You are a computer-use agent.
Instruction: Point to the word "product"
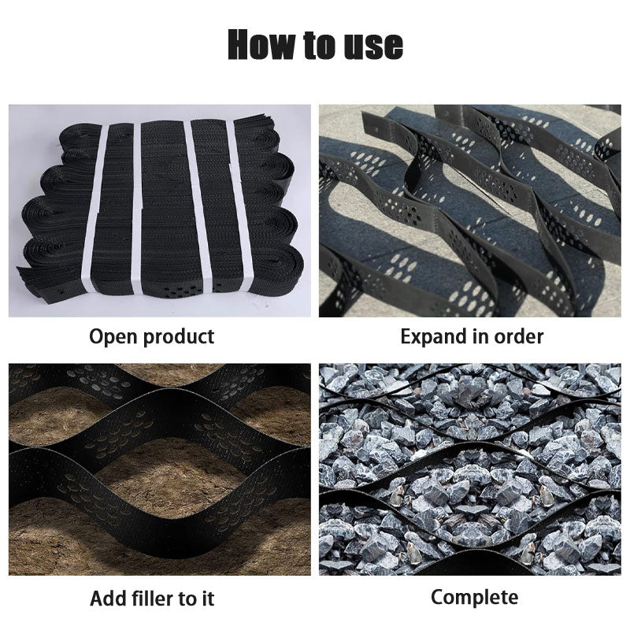pos(180,337)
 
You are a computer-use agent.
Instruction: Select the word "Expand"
pos(435,337)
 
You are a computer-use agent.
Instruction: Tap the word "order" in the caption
pos(517,336)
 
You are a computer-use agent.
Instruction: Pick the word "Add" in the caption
pos(109,598)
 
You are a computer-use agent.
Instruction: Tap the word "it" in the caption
pos(207,598)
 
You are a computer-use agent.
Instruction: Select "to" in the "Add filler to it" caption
pos(189,598)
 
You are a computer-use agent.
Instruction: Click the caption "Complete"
pos(474,597)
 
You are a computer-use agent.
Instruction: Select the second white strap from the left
pos(136,209)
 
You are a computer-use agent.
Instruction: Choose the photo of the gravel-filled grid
pos(470,469)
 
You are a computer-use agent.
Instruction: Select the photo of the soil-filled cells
pos(160,469)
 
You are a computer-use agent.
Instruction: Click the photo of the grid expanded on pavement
pos(470,211)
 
